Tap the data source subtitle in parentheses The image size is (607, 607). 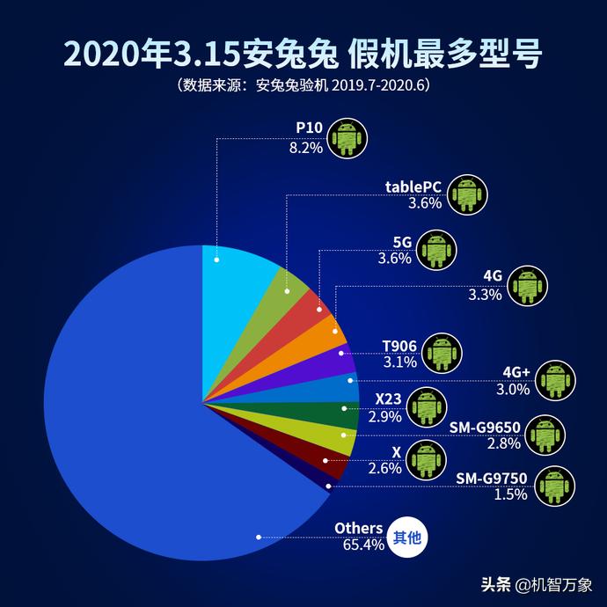click(x=303, y=86)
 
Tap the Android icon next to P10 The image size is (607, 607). click(x=347, y=138)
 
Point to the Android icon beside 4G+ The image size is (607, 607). click(x=555, y=379)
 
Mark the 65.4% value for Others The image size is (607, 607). click(x=358, y=545)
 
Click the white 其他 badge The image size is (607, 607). click(x=406, y=536)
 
